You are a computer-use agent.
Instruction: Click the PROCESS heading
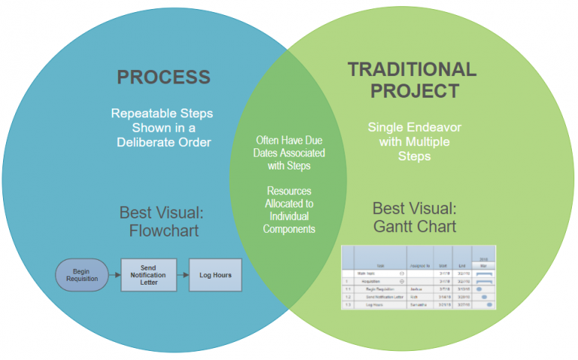click(163, 77)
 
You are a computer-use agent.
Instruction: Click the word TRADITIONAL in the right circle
click(412, 70)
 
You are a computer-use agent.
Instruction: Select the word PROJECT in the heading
click(414, 91)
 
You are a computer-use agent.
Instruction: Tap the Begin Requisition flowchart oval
click(81, 275)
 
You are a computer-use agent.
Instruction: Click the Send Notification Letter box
click(149, 275)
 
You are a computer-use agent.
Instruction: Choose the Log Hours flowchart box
click(215, 275)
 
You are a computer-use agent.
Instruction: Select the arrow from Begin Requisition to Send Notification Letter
click(114, 276)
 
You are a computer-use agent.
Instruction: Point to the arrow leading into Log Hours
click(182, 276)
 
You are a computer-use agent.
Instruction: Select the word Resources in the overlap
click(289, 191)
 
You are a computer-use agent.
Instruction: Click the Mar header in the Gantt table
click(483, 264)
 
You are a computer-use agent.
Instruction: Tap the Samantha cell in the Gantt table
click(417, 304)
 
